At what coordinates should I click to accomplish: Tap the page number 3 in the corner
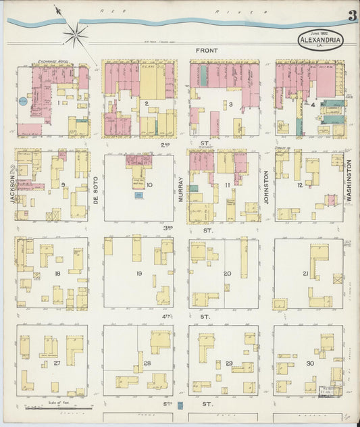click(x=352, y=16)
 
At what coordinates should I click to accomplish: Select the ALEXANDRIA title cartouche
click(x=321, y=39)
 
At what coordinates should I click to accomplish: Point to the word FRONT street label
click(x=206, y=51)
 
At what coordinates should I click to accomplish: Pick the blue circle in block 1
click(x=22, y=101)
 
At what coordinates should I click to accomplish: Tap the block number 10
click(x=149, y=184)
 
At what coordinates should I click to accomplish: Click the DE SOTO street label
click(x=96, y=190)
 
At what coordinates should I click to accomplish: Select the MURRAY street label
click(x=181, y=190)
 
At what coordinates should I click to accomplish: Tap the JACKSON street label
click(x=11, y=183)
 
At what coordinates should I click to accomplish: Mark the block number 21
click(x=305, y=274)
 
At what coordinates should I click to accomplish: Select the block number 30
click(x=309, y=363)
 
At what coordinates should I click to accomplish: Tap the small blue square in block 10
click(x=139, y=195)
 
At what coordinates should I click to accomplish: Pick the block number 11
click(x=228, y=184)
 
